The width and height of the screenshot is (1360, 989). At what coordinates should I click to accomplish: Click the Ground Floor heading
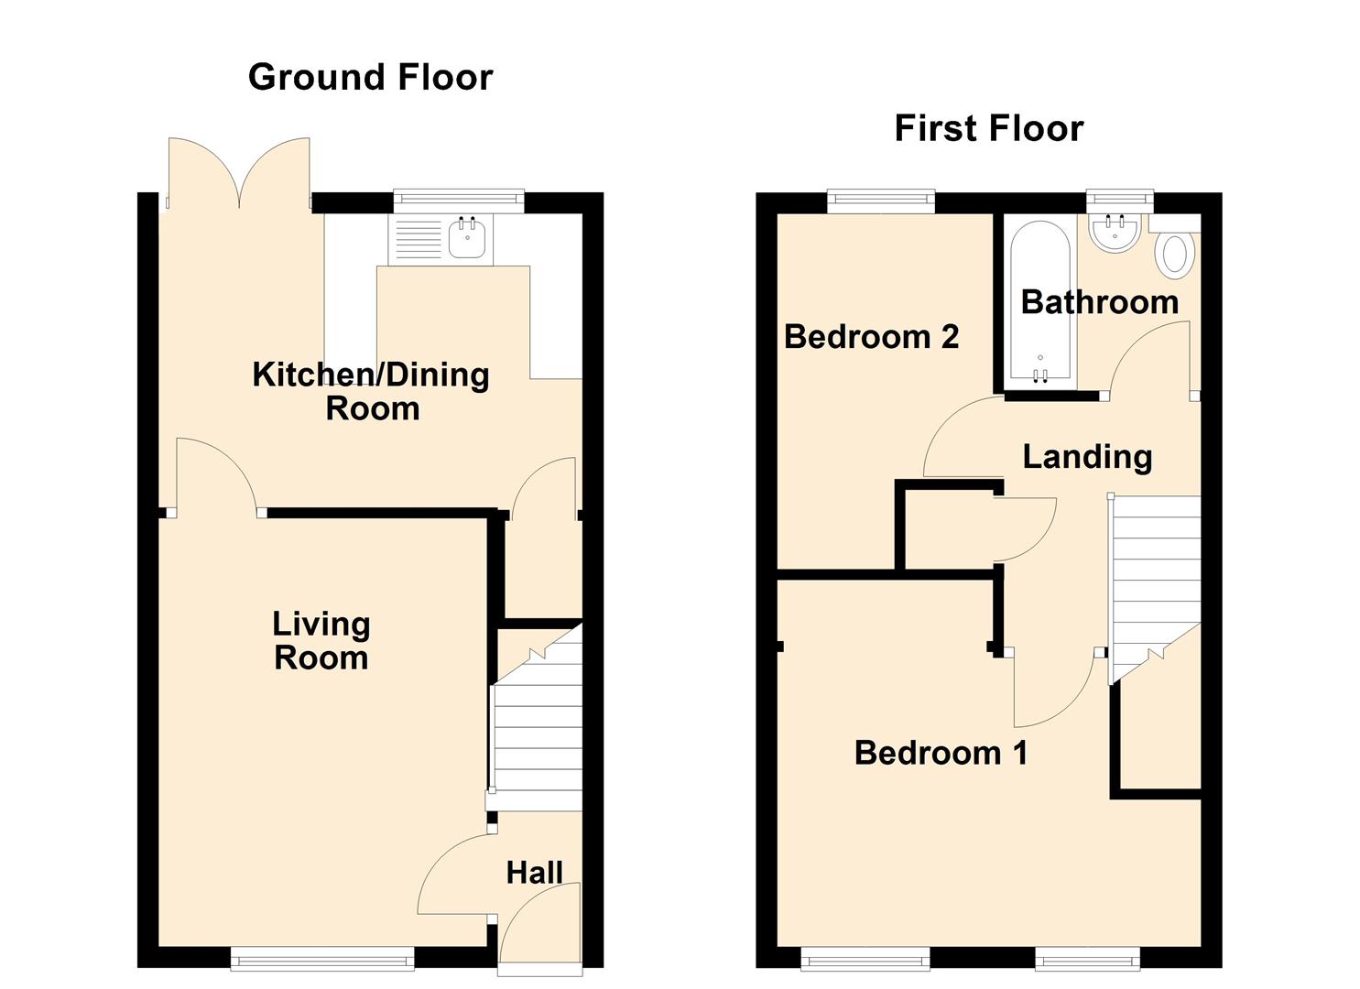click(x=370, y=77)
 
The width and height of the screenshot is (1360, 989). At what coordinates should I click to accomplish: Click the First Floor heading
click(x=988, y=128)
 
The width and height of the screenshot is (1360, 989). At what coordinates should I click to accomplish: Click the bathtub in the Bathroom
click(x=1040, y=301)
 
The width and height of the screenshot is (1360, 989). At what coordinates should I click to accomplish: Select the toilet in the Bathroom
click(x=1175, y=254)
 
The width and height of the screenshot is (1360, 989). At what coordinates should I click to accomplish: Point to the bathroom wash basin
click(x=1115, y=233)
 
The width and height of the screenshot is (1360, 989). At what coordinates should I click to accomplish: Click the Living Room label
click(x=321, y=641)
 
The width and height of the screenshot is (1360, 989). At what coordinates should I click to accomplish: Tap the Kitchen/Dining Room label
click(x=371, y=391)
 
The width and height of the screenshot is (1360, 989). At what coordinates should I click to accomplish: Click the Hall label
click(x=534, y=873)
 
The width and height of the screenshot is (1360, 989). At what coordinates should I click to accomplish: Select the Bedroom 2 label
click(x=871, y=337)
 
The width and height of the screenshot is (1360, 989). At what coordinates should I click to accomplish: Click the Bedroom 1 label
click(x=941, y=753)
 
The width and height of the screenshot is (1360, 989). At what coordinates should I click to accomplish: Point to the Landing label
click(x=1087, y=456)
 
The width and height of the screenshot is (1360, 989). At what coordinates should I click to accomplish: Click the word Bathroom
click(x=1099, y=302)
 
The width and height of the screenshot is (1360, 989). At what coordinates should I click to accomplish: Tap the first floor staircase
click(x=1154, y=577)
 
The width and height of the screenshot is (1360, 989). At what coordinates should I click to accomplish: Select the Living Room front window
click(x=322, y=959)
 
